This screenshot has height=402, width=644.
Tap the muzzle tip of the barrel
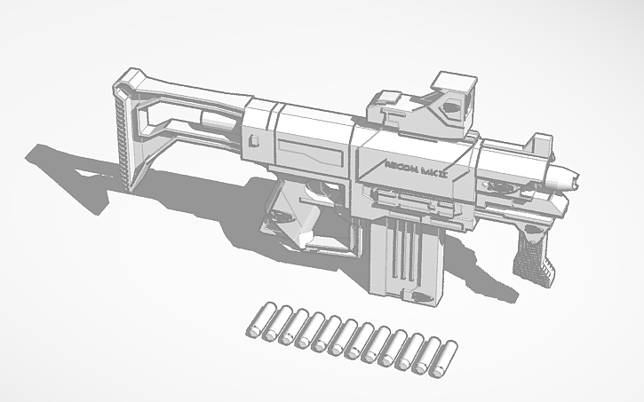tap(576, 180)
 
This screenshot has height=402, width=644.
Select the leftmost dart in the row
tap(256, 321)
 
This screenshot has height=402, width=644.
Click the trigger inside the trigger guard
tap(313, 190)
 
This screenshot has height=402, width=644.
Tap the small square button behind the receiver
tap(255, 139)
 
